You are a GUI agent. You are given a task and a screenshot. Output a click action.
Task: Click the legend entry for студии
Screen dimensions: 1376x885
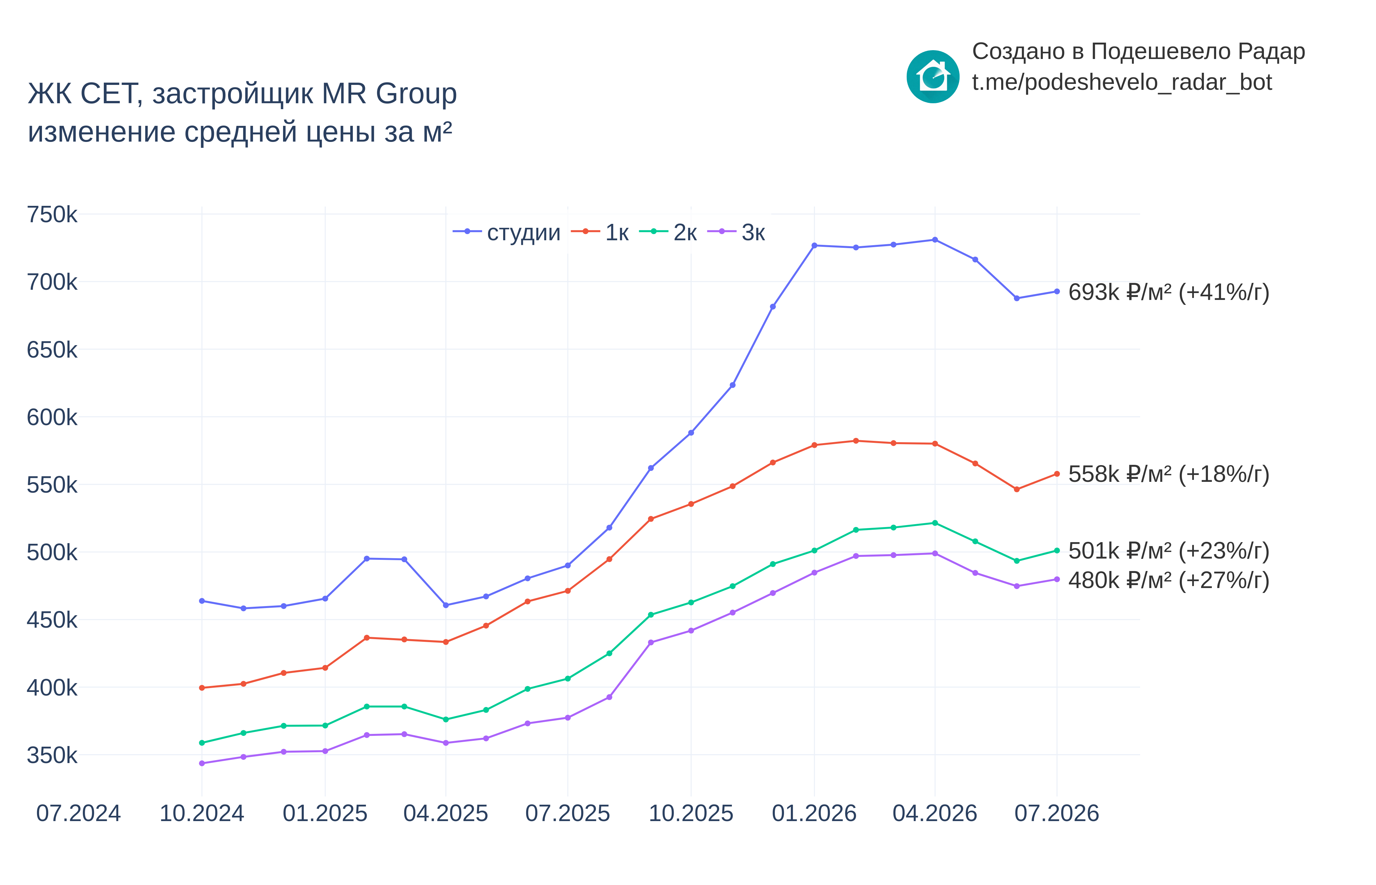506,232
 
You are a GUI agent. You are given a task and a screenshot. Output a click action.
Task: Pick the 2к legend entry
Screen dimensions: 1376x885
668,232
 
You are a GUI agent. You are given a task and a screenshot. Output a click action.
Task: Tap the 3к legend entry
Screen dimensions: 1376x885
736,232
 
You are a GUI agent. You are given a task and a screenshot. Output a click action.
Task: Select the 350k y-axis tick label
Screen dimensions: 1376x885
52,755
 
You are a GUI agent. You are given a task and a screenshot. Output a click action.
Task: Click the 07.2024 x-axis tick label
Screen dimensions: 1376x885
79,814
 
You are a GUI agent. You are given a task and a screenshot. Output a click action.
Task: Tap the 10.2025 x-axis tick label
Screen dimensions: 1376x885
691,814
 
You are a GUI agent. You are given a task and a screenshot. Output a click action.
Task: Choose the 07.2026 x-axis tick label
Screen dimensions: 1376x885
1057,814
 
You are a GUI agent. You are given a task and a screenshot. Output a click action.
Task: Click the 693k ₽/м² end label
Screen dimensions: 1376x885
1169,292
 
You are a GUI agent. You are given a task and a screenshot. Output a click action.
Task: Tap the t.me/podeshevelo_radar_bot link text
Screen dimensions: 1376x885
1121,83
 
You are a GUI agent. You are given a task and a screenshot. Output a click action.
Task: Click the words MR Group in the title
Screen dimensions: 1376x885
389,94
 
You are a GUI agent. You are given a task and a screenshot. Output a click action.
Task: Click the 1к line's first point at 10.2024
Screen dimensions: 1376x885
201,688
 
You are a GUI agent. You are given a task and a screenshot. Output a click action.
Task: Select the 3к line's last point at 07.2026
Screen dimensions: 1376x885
1057,579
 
